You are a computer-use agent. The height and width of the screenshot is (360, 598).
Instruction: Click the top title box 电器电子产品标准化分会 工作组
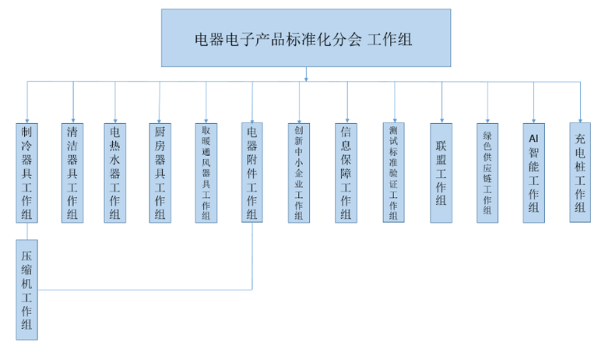click(x=306, y=37)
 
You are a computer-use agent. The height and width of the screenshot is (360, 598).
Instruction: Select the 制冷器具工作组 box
click(x=27, y=172)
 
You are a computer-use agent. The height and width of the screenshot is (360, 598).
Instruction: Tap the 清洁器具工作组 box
click(x=73, y=172)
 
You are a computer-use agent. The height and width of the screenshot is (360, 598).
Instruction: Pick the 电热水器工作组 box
click(x=115, y=172)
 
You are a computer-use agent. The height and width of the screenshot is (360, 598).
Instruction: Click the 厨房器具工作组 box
click(x=160, y=172)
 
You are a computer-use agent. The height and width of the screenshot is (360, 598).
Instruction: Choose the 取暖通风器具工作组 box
click(x=206, y=172)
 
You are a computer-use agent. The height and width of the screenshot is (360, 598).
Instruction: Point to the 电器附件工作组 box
click(x=252, y=172)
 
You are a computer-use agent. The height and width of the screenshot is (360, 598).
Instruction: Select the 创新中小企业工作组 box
click(x=299, y=172)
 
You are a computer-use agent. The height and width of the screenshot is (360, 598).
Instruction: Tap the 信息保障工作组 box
click(x=346, y=172)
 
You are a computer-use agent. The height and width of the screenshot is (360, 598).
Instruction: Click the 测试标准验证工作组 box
click(x=393, y=172)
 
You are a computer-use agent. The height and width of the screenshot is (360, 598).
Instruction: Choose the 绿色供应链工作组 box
click(x=487, y=172)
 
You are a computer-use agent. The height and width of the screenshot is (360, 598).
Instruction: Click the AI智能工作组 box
click(x=533, y=172)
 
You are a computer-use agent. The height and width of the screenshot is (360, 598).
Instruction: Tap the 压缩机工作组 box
click(x=27, y=289)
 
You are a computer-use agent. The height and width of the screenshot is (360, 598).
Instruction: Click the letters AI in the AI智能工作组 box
click(x=533, y=137)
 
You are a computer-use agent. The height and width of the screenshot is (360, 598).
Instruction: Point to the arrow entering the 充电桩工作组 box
click(x=579, y=117)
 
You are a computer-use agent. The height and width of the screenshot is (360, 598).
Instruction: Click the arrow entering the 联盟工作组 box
click(x=441, y=117)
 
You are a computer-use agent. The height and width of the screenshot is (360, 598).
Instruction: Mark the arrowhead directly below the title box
click(x=306, y=76)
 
